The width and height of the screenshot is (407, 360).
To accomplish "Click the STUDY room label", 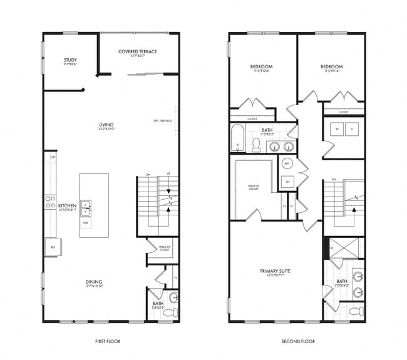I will tap(70, 60).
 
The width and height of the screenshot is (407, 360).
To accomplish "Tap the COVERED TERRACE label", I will tap(137, 51).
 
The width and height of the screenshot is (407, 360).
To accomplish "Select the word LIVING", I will tap(106, 125).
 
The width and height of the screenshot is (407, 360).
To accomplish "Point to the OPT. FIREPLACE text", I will tap(163, 121).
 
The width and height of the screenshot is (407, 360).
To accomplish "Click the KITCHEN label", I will tap(67, 205).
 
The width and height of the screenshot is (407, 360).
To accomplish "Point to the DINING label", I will tap(94, 282).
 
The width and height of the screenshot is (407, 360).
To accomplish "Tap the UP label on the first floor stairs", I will tap(167, 175).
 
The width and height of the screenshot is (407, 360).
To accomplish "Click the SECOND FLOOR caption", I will tap(297, 341).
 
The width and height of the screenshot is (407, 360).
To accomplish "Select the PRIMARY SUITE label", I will tap(275, 271).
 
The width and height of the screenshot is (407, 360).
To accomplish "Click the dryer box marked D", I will tap(352, 130).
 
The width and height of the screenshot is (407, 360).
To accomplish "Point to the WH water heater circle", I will tap(287, 164).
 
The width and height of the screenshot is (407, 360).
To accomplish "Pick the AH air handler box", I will tap(287, 182).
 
